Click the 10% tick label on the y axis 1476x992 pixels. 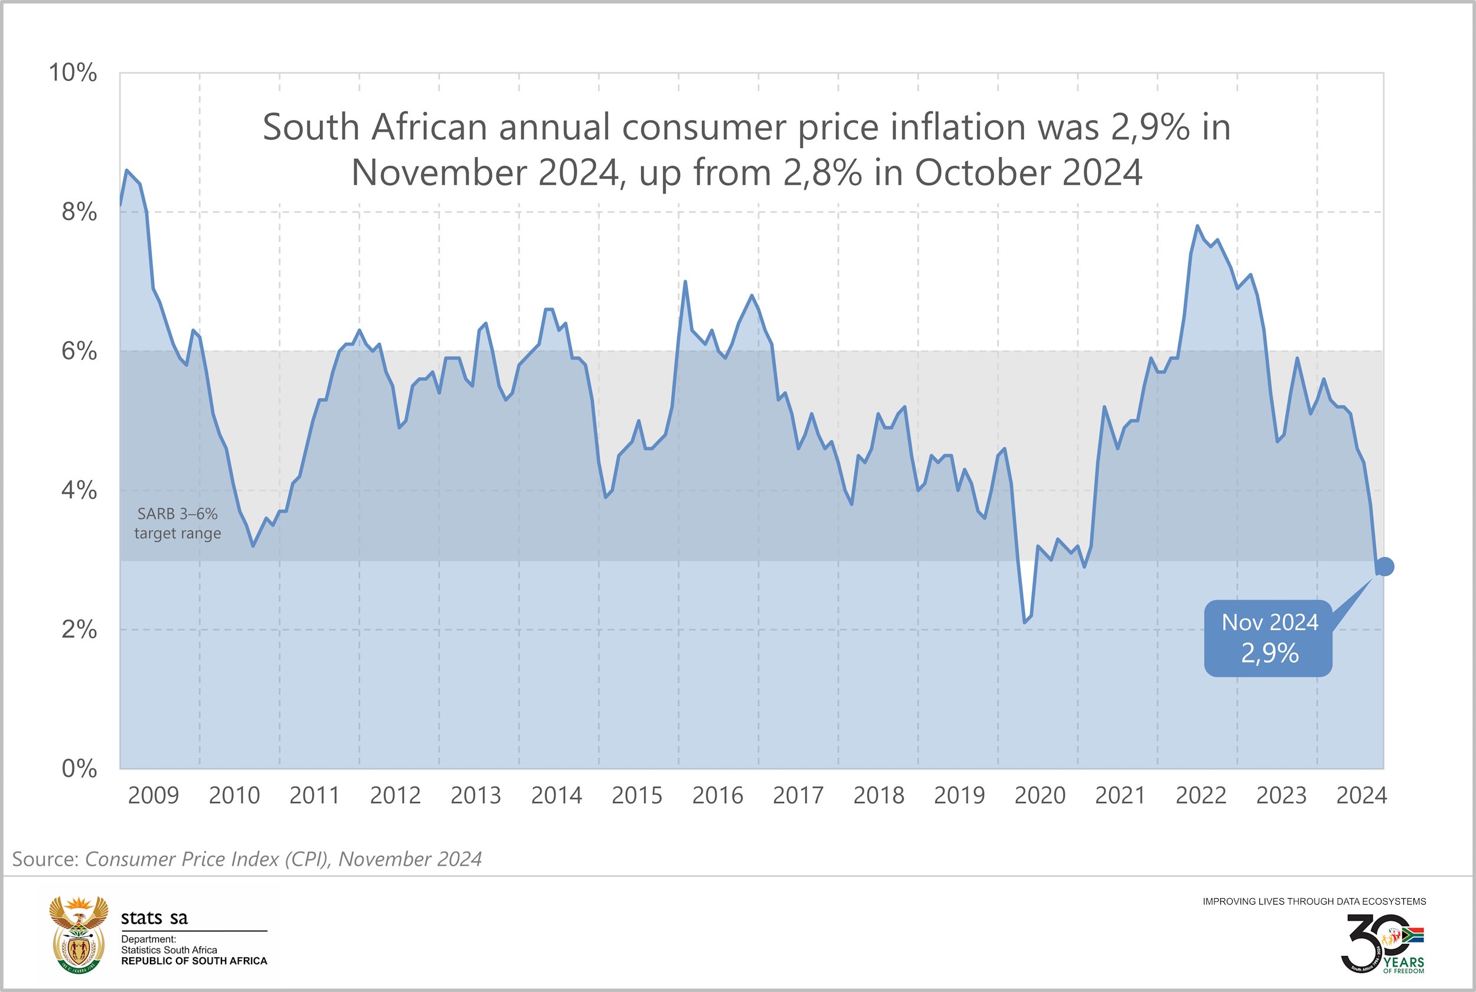pyautogui.click(x=73, y=73)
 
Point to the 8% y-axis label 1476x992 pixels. pyautogui.click(x=79, y=212)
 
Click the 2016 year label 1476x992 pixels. pyautogui.click(x=717, y=795)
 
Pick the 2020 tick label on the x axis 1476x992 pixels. pyautogui.click(x=1040, y=795)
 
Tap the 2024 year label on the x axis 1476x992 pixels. pyautogui.click(x=1361, y=795)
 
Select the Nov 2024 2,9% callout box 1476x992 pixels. pyautogui.click(x=1269, y=638)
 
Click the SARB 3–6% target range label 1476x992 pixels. pyautogui.click(x=178, y=523)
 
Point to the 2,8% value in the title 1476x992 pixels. pyautogui.click(x=822, y=172)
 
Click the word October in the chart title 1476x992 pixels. pyautogui.click(x=983, y=172)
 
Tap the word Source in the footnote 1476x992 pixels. pyautogui.click(x=45, y=859)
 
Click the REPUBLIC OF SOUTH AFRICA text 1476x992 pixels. pyautogui.click(x=194, y=961)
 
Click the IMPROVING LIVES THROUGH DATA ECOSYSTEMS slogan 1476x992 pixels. pyautogui.click(x=1314, y=902)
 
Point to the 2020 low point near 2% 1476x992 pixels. pyautogui.click(x=1025, y=623)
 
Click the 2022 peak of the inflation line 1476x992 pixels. pyautogui.click(x=1197, y=226)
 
